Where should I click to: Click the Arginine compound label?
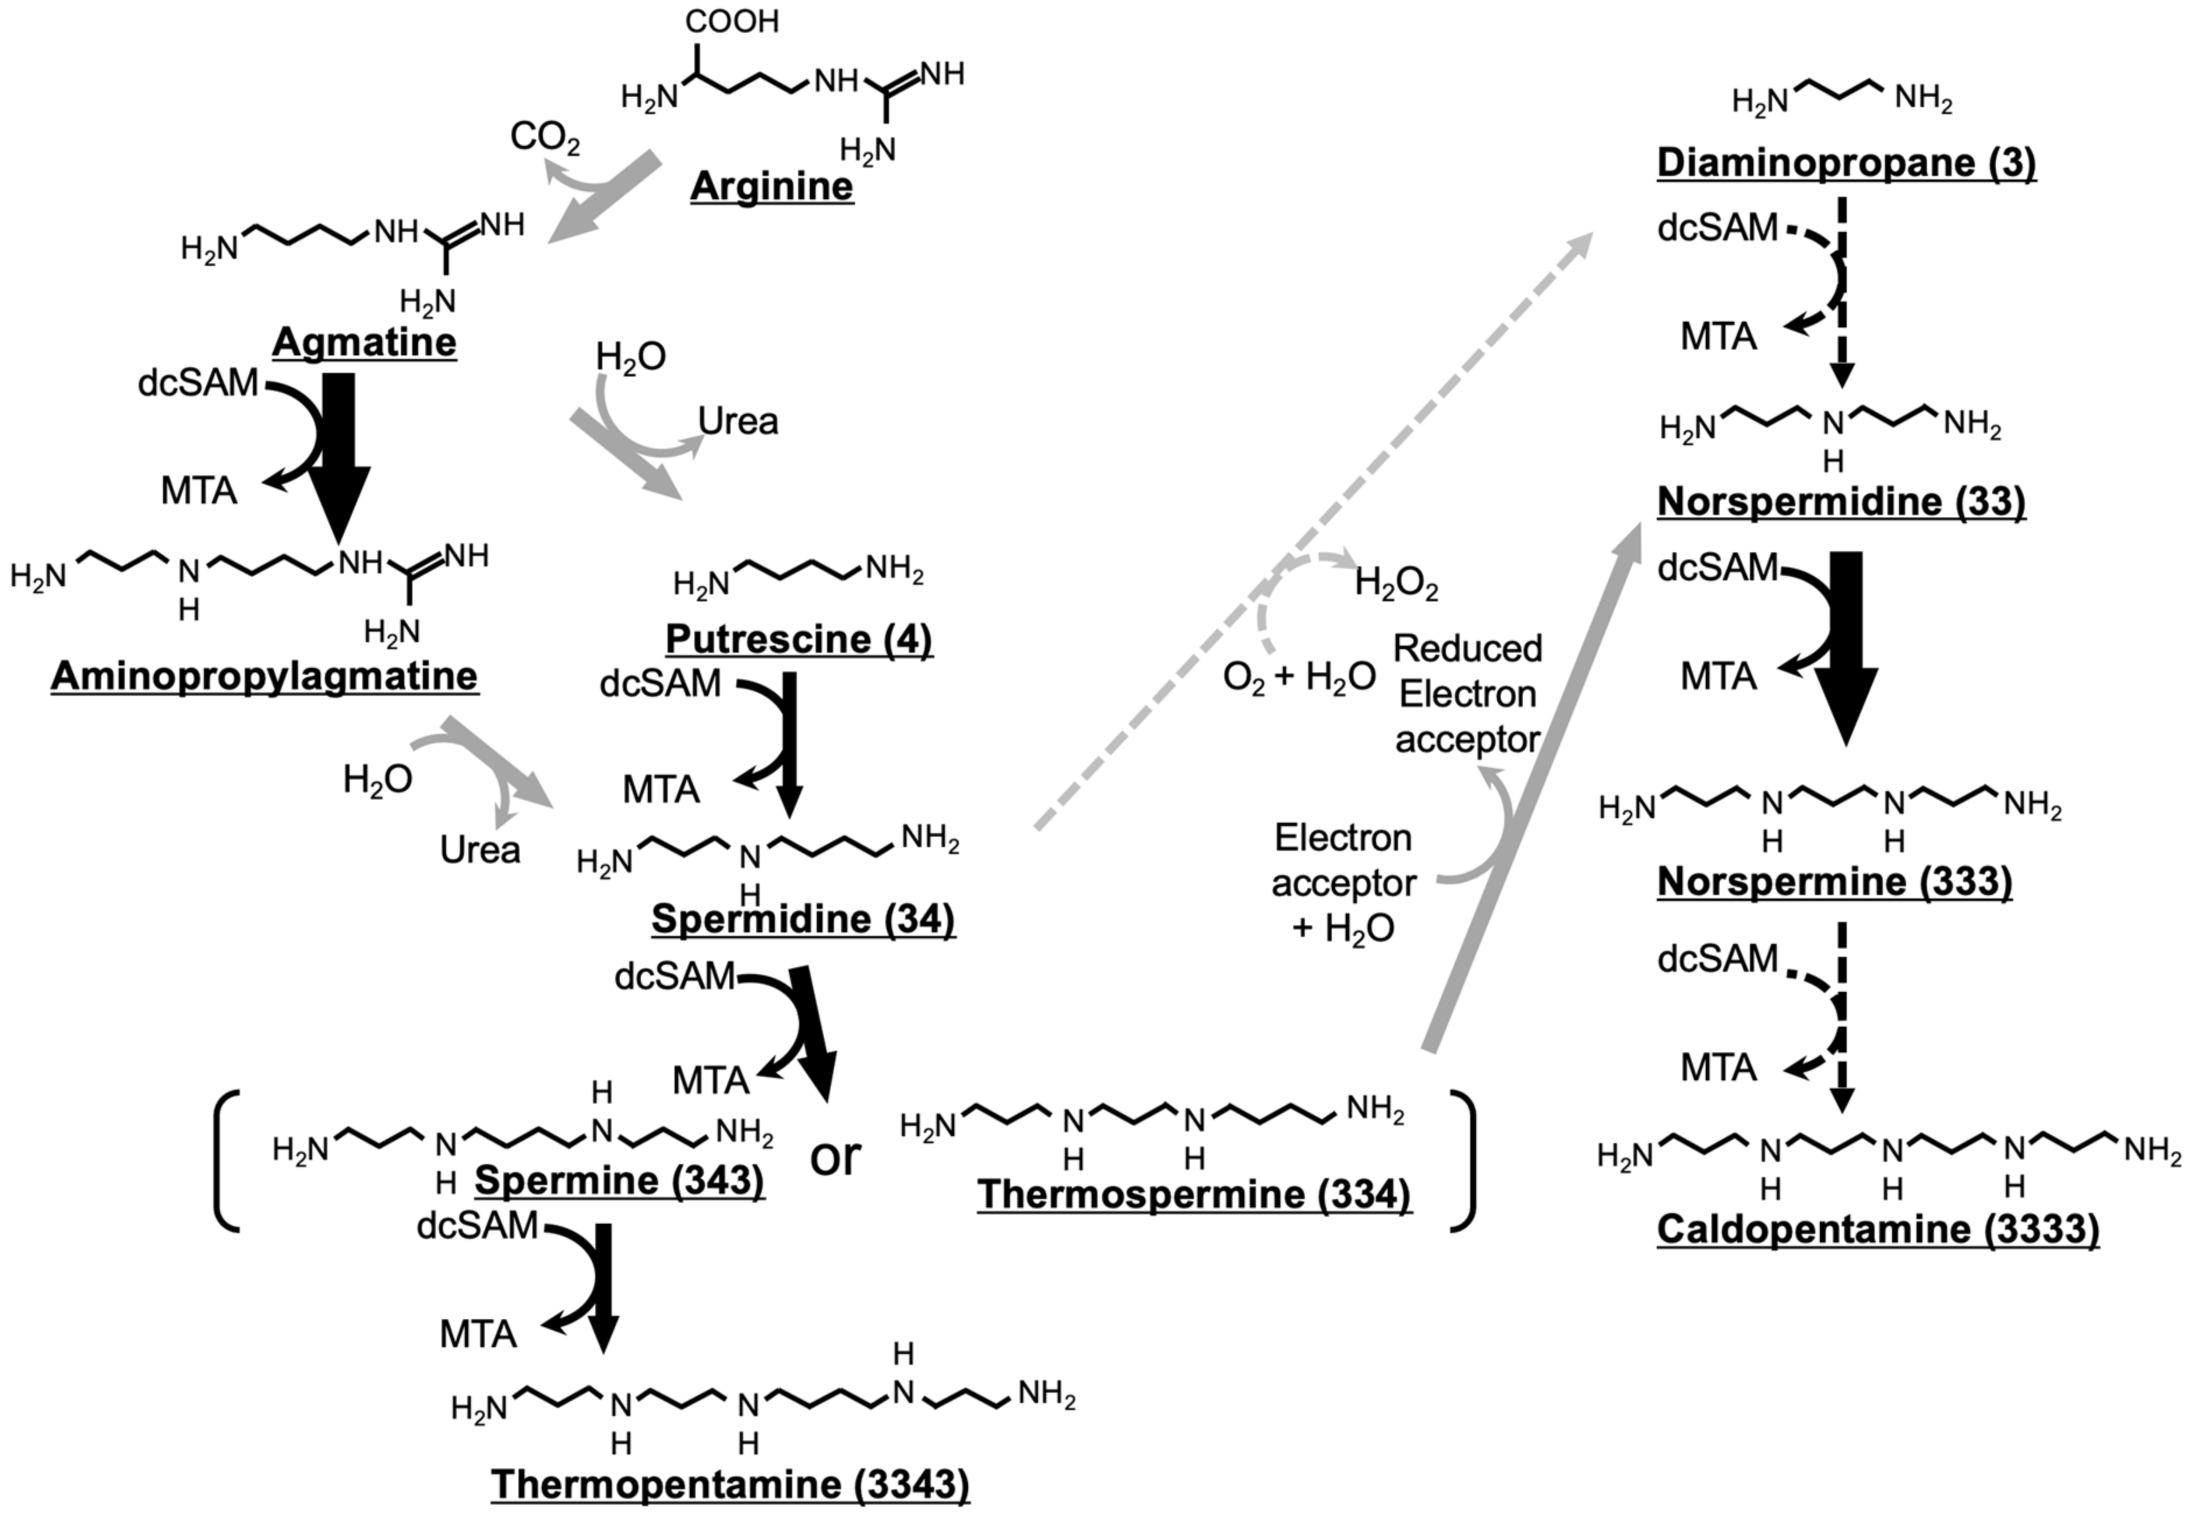coord(771,186)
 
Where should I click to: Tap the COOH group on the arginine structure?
coord(732,21)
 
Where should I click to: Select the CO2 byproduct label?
coord(545,138)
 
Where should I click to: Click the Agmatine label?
coord(365,341)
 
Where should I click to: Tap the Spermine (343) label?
coord(620,1180)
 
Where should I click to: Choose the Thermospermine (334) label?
coord(1194,1193)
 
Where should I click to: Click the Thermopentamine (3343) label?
coord(730,1484)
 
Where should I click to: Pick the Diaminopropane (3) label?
coord(1846,163)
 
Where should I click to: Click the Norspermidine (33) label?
coord(1841,501)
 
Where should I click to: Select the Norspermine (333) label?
coord(1834,881)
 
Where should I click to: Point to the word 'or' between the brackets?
coord(835,1156)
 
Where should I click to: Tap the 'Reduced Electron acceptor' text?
coord(1467,694)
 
